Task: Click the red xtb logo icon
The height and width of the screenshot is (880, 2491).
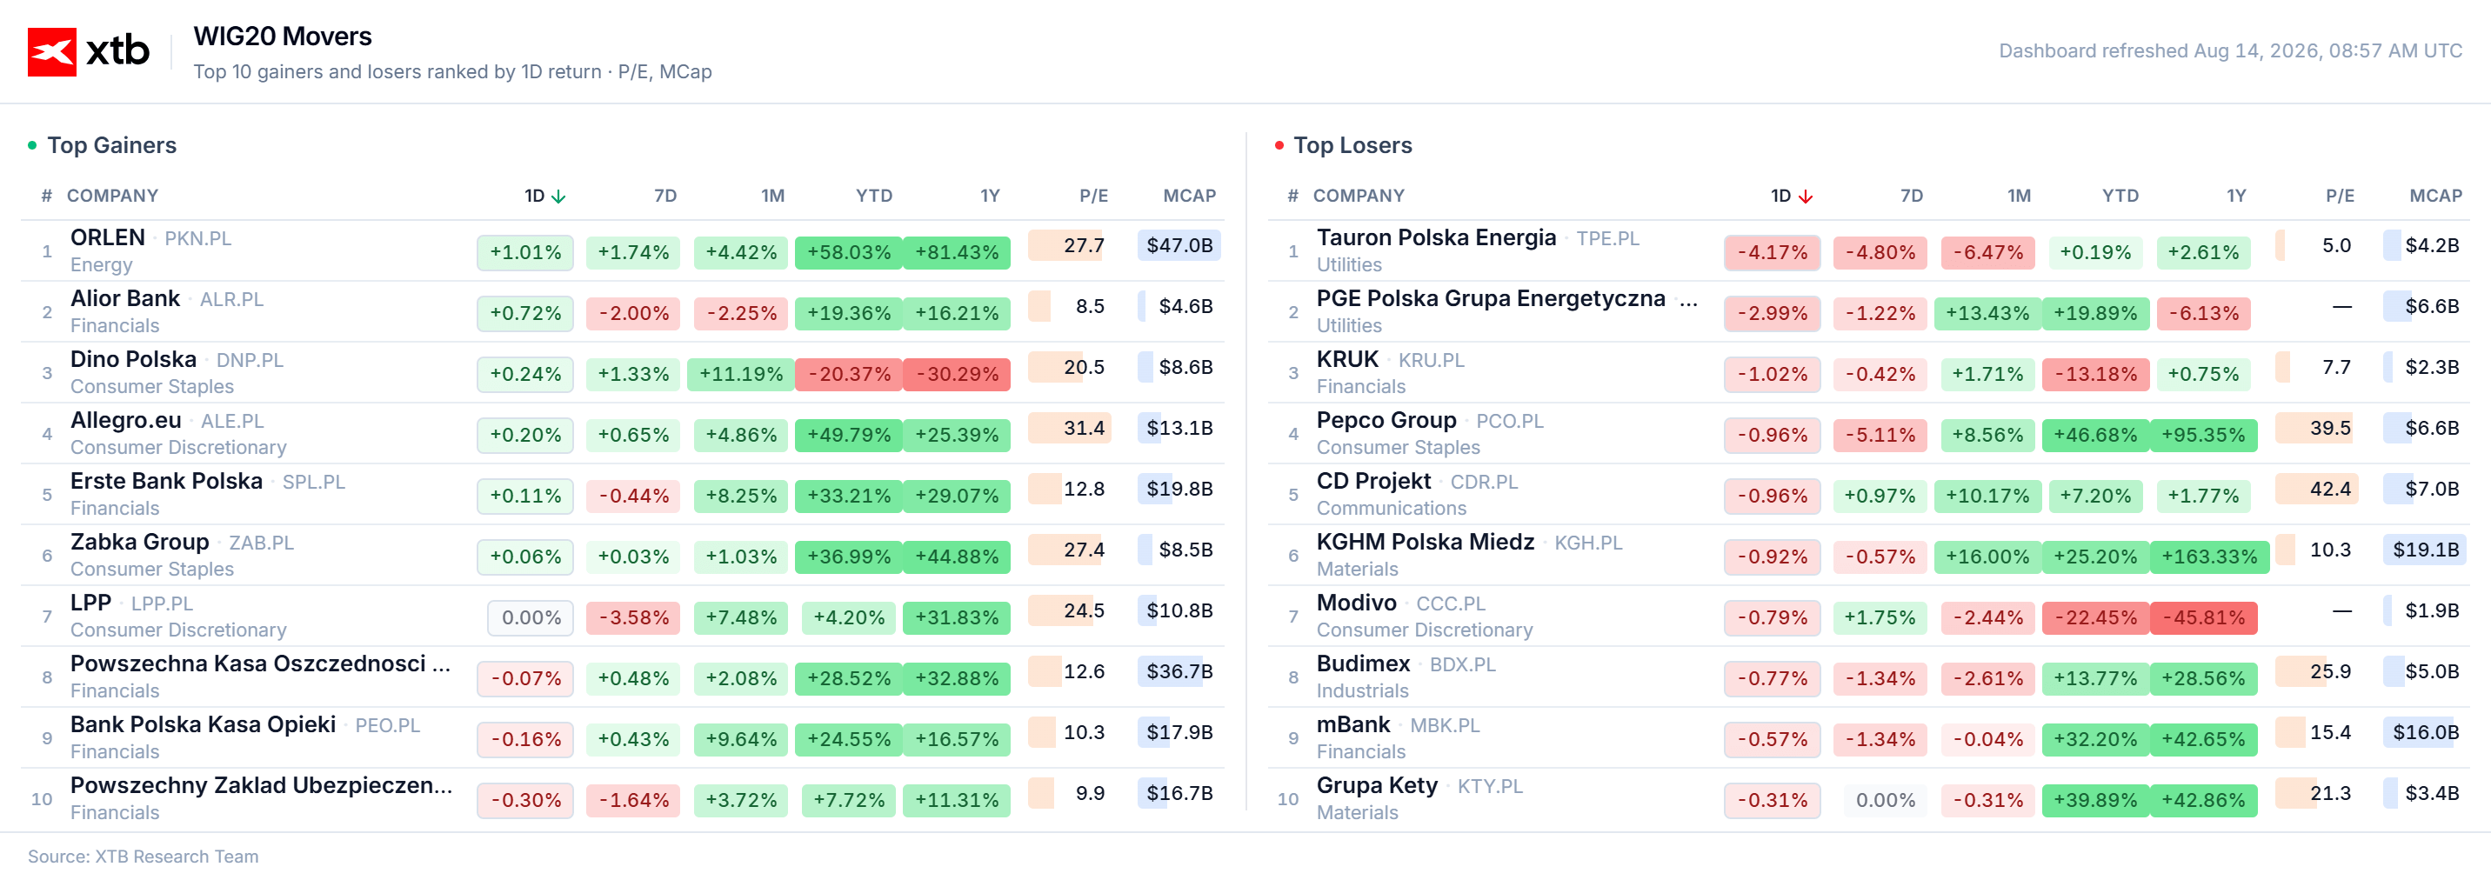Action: (51, 51)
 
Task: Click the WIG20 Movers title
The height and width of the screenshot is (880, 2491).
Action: (283, 37)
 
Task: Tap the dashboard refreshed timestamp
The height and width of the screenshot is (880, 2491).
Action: (2230, 50)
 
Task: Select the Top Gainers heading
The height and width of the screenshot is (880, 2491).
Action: (112, 145)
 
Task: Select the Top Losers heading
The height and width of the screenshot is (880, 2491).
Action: (1352, 145)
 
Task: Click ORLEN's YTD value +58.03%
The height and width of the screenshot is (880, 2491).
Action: (849, 252)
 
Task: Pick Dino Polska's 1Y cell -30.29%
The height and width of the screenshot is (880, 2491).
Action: (957, 374)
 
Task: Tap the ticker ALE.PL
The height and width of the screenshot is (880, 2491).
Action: (232, 422)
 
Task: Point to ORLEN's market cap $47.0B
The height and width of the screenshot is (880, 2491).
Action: (1179, 245)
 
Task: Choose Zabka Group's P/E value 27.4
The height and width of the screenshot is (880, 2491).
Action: (1084, 550)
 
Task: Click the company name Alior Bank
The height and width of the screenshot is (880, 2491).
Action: (124, 299)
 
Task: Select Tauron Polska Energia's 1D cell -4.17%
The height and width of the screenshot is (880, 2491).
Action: (1772, 252)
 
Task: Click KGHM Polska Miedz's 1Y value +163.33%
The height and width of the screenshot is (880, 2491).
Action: (2209, 557)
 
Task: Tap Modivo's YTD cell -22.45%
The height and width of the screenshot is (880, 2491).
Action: (2095, 618)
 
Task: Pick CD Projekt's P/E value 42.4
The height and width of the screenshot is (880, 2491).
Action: (2330, 490)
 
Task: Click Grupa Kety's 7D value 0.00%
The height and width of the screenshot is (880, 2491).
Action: (1886, 801)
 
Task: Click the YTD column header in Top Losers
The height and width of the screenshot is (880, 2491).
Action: (2120, 197)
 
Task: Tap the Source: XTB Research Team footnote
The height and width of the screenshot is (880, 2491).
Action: (144, 857)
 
